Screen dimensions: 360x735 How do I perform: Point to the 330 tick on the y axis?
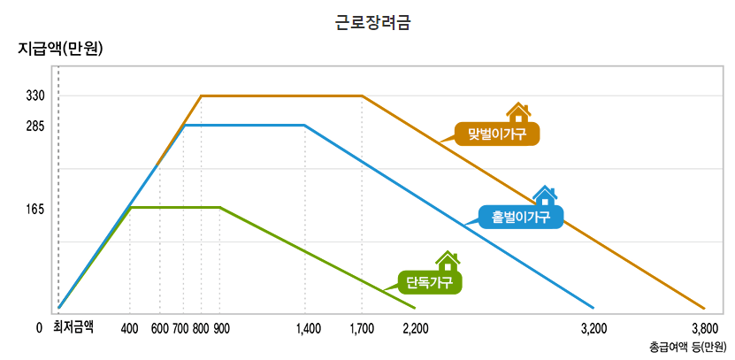(36, 96)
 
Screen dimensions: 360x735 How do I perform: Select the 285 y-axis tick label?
(36, 126)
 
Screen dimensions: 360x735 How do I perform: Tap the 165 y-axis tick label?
(36, 210)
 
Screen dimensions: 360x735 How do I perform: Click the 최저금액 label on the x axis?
(74, 327)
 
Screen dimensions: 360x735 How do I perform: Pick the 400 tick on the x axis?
(130, 328)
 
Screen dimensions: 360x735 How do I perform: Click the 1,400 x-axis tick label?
(308, 328)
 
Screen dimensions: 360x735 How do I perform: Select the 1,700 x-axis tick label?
(362, 328)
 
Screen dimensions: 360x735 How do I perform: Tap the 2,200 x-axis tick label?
(415, 328)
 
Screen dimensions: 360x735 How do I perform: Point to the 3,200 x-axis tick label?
(593, 328)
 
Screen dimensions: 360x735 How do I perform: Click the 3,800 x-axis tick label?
(704, 328)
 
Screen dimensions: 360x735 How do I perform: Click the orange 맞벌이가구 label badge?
(496, 134)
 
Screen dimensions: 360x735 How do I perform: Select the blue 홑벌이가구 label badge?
(521, 217)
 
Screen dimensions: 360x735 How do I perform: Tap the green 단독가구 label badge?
(430, 282)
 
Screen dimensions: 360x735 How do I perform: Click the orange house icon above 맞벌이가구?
(517, 112)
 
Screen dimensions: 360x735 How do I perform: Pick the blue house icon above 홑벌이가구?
(545, 195)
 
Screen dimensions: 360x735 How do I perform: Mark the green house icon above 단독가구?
(448, 261)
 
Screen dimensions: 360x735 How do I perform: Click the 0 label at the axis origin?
(39, 328)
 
